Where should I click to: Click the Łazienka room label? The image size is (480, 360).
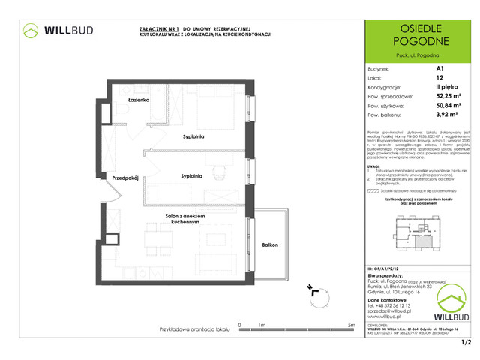click(x=139, y=100)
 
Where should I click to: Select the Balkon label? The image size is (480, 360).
click(x=271, y=245)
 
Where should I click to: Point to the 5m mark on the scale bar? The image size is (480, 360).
click(x=351, y=325)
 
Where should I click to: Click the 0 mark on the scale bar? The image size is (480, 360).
click(x=238, y=325)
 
